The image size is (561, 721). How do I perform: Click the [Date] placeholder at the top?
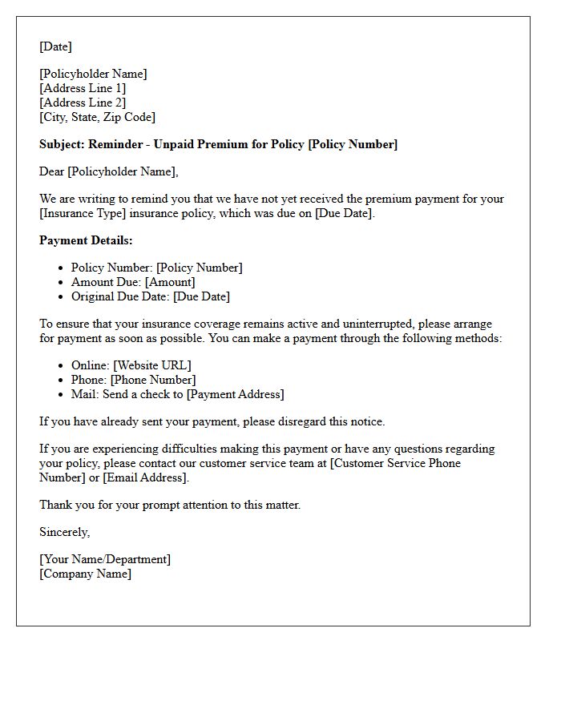[55, 46]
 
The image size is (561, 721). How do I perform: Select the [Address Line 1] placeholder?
[83, 88]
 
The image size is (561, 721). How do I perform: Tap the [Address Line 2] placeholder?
[83, 103]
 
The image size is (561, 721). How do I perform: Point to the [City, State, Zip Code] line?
[97, 117]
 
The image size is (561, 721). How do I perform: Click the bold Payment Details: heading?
[86, 240]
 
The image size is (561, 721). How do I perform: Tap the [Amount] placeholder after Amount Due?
[170, 282]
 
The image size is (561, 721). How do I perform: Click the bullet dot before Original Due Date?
[62, 297]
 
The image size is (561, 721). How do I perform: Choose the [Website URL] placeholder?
[152, 365]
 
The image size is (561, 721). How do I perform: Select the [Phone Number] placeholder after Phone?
[152, 380]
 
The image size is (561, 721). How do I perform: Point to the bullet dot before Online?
[62, 366]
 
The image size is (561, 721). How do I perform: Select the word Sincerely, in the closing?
[64, 532]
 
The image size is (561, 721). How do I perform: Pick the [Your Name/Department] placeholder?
[105, 559]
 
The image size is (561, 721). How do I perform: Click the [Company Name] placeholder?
[85, 574]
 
